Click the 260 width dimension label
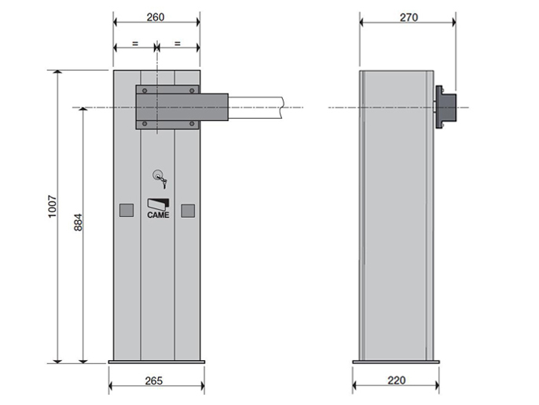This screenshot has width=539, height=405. click(x=156, y=17)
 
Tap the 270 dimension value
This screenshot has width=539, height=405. click(x=409, y=17)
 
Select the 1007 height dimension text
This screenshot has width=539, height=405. click(x=52, y=207)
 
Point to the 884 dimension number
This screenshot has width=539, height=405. click(x=79, y=223)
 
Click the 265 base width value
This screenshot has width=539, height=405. click(x=154, y=381)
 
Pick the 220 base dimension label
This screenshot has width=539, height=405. click(x=397, y=380)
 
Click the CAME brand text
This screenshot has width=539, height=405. click(x=158, y=215)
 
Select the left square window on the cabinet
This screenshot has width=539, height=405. click(x=126, y=210)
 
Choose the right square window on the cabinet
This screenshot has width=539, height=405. click(x=188, y=211)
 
